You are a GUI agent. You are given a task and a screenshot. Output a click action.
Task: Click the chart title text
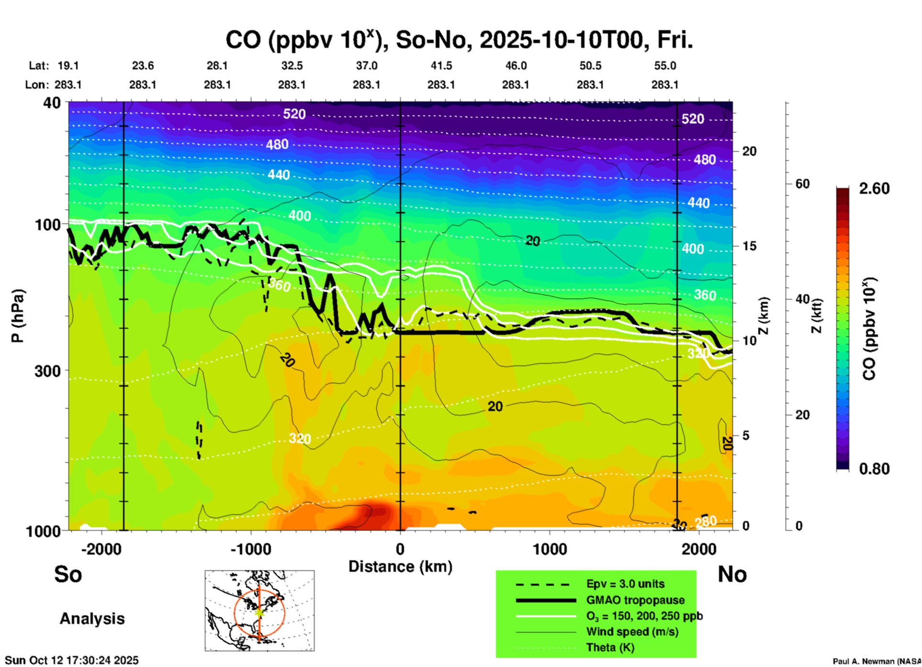coord(459,40)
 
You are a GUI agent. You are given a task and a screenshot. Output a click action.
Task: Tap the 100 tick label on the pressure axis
coord(48,224)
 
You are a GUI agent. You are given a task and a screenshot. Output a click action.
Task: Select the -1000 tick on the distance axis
coord(251,549)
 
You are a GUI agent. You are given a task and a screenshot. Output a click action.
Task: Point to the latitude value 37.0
coord(366,66)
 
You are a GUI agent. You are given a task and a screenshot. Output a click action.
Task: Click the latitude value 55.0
coord(665,66)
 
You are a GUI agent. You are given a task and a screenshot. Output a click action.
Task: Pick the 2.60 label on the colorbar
coord(874,189)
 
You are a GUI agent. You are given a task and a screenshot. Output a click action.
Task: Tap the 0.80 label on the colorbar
coord(874,469)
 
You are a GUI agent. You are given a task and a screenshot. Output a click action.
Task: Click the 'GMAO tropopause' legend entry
coord(635,600)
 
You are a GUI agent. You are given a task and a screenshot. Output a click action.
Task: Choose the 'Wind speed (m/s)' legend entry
coord(632,632)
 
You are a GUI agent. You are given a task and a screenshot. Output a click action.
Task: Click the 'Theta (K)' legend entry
coord(610,647)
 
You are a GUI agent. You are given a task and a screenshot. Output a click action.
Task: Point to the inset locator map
coord(259,611)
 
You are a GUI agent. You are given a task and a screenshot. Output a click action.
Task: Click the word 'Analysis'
coord(92,619)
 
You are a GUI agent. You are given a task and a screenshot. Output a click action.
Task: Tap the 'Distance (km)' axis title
coord(400,567)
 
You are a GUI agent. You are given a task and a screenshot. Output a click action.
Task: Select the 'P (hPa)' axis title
coord(18,316)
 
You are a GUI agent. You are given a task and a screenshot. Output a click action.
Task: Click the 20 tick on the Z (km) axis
coord(749,151)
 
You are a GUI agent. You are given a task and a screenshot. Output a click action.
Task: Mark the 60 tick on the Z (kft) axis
coord(802,184)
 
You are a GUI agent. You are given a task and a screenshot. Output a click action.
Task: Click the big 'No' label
coord(732,574)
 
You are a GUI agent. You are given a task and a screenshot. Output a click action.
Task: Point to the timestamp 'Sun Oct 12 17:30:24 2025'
coord(72,660)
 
